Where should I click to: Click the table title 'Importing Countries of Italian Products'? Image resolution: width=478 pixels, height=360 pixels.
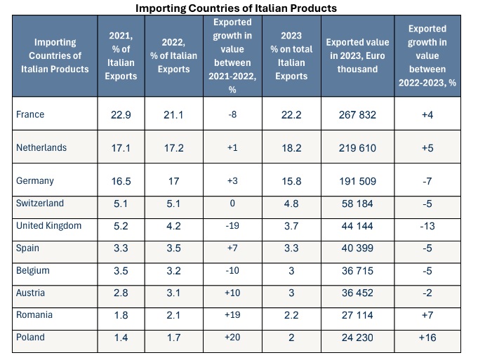(238, 8)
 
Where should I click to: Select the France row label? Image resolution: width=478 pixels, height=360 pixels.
(31, 115)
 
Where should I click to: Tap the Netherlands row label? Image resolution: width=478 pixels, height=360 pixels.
(41, 148)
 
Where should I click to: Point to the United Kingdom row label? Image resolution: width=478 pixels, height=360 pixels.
(48, 226)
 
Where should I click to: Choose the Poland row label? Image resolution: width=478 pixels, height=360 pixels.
(30, 337)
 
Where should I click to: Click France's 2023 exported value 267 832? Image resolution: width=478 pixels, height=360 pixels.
(357, 115)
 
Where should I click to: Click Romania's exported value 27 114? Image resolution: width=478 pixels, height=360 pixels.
(357, 315)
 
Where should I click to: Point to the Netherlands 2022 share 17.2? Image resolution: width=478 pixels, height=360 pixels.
(173, 148)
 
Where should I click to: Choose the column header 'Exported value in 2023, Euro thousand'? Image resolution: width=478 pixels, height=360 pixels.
(357, 55)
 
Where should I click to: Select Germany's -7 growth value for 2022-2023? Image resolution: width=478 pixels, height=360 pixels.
(434, 181)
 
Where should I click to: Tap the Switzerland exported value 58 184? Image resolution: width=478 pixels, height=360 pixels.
(357, 204)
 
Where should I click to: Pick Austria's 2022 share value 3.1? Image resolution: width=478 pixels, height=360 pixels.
(173, 293)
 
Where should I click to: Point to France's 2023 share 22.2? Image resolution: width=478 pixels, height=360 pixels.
(290, 115)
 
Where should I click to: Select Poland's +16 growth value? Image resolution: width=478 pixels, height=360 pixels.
(434, 337)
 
